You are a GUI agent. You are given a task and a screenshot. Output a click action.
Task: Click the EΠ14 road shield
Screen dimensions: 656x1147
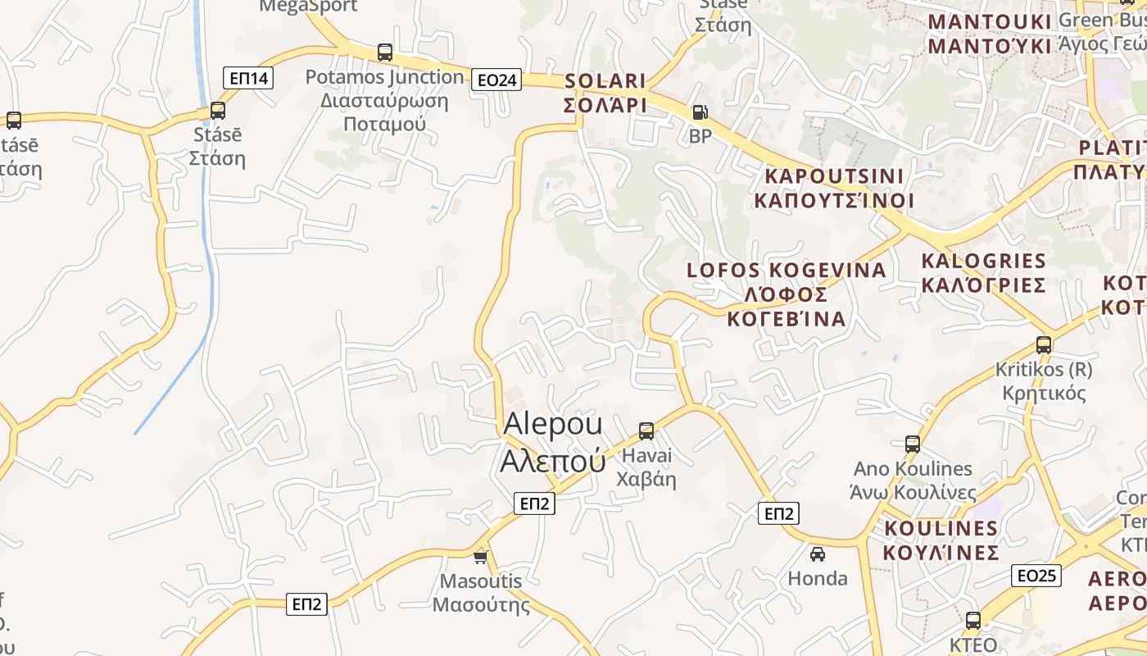pyautogui.click(x=248, y=78)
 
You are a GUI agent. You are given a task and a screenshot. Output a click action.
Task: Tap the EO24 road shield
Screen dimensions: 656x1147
pyautogui.click(x=496, y=80)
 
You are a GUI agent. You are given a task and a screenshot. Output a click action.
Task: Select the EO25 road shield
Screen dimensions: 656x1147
pyautogui.click(x=1036, y=575)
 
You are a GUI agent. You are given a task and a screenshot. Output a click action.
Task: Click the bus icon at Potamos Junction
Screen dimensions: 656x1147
pyautogui.click(x=385, y=52)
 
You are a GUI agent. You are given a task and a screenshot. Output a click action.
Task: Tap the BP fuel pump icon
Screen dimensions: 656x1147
pyautogui.click(x=700, y=112)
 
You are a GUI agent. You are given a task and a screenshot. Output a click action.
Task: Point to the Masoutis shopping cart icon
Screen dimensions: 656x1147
pyautogui.click(x=481, y=557)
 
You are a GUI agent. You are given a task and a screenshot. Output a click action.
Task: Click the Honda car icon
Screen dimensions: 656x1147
pyautogui.click(x=817, y=554)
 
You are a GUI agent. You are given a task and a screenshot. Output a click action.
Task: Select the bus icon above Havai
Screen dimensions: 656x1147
pyautogui.click(x=646, y=430)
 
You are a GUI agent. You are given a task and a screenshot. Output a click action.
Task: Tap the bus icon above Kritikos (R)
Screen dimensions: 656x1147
pyautogui.click(x=1044, y=345)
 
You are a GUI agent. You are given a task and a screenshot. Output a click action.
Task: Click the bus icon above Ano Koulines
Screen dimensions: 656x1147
pyautogui.click(x=913, y=444)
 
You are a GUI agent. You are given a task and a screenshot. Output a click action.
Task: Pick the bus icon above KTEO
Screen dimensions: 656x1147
pyautogui.click(x=973, y=621)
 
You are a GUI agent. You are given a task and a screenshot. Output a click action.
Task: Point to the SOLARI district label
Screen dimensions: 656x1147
pyautogui.click(x=605, y=93)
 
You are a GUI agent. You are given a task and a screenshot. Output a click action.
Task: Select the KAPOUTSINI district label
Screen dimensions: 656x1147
pyautogui.click(x=833, y=188)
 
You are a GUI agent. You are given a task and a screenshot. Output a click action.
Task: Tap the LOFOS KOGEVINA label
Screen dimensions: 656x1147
pyautogui.click(x=787, y=294)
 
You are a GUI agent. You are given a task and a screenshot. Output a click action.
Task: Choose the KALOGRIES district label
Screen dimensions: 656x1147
pyautogui.click(x=984, y=272)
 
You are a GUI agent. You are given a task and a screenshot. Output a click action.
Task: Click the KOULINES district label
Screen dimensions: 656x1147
pyautogui.click(x=941, y=539)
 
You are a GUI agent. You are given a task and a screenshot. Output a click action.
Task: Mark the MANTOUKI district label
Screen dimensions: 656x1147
pyautogui.click(x=989, y=34)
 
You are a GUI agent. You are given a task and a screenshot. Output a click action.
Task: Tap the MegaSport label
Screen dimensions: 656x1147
pyautogui.click(x=308, y=7)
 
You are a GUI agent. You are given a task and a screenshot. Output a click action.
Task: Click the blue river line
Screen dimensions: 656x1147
pyautogui.click(x=205, y=246)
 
